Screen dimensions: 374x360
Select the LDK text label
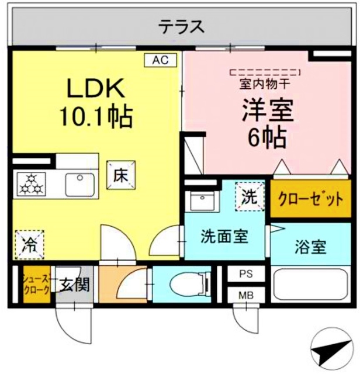click(x=95, y=89)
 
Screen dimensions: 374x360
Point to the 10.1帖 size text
click(x=95, y=117)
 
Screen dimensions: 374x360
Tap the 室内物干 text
click(x=266, y=84)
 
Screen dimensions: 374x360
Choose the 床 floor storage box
click(x=121, y=175)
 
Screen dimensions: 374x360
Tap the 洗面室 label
click(x=224, y=238)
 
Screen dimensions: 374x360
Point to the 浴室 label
click(x=311, y=246)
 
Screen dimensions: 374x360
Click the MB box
click(x=245, y=295)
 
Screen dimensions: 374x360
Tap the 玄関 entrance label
click(x=74, y=285)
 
